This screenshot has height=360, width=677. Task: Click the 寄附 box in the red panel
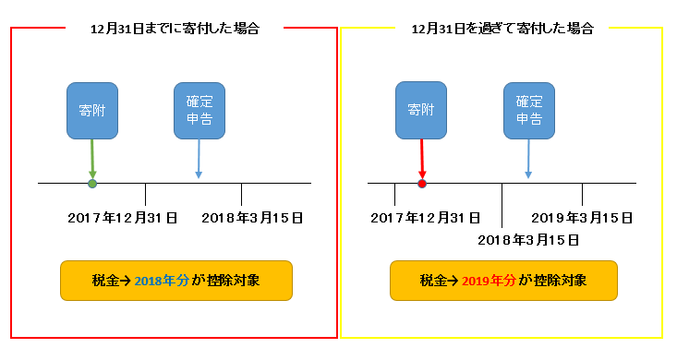click(92, 111)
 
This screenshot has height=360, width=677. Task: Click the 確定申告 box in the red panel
click(199, 111)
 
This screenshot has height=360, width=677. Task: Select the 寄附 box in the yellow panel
click(421, 111)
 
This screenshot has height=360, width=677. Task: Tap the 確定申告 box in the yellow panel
click(528, 111)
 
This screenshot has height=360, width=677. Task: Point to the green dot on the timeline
click(92, 185)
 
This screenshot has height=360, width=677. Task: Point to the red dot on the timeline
click(422, 185)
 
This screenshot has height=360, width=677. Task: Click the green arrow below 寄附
click(92, 159)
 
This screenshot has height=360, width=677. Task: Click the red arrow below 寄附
click(421, 159)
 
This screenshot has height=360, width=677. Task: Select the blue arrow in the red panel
click(199, 159)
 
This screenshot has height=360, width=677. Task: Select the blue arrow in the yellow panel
click(528, 159)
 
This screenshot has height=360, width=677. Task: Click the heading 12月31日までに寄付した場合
click(175, 29)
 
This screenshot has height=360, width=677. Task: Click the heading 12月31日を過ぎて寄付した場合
click(502, 29)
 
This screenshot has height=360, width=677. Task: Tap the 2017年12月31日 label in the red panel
click(123, 218)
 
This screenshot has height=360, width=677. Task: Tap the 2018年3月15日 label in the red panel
click(252, 218)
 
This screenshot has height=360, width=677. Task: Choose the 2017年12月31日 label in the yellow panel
click(425, 218)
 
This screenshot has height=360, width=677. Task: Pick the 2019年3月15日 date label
click(582, 218)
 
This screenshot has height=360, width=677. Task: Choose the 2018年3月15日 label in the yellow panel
click(528, 240)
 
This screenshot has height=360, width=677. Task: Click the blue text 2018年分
click(162, 281)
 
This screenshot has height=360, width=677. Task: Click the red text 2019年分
click(490, 281)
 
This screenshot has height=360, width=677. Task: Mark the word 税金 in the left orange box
click(107, 281)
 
